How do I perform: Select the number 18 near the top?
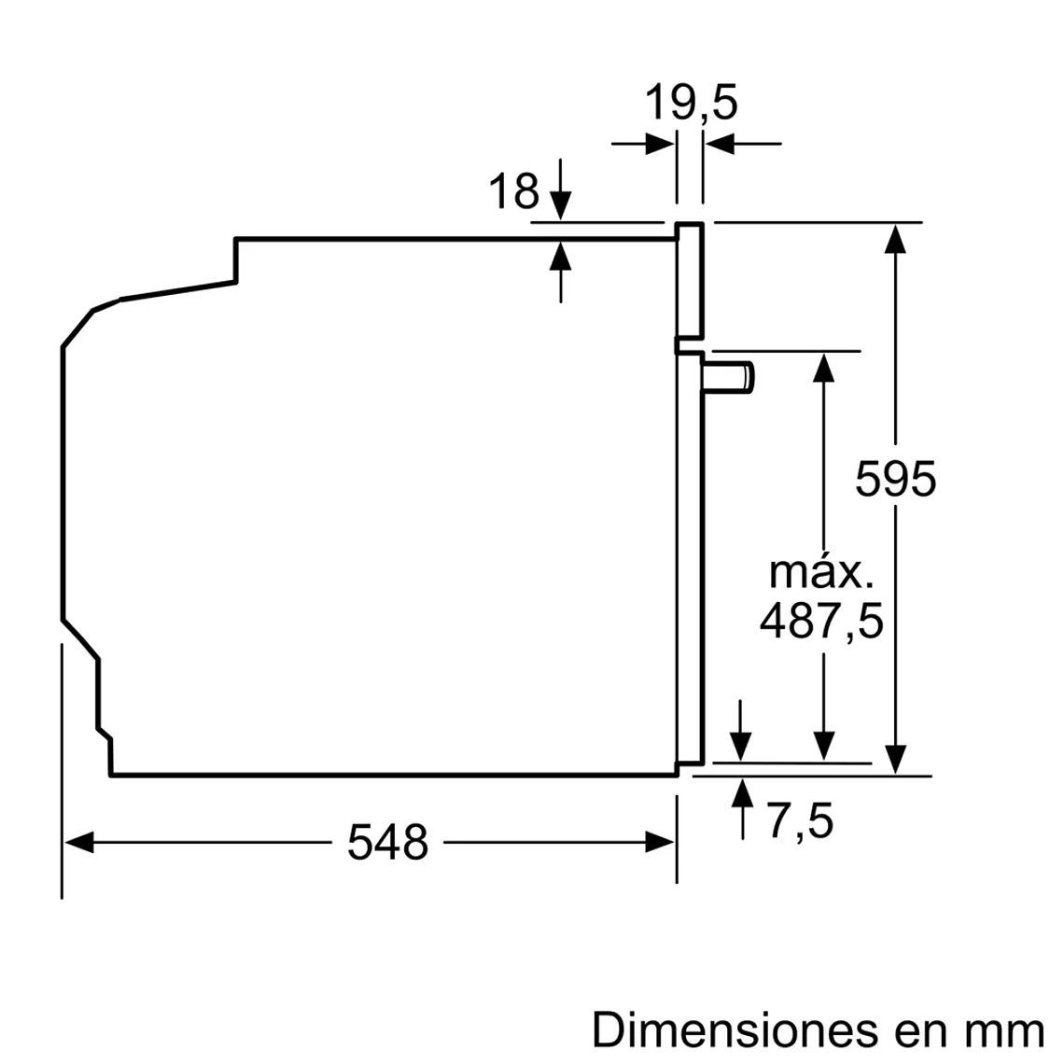click(x=514, y=192)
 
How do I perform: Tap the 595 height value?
click(x=895, y=480)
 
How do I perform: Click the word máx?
click(x=820, y=572)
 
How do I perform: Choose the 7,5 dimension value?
click(x=800, y=822)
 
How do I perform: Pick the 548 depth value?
click(x=387, y=843)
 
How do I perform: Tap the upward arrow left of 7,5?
click(x=742, y=795)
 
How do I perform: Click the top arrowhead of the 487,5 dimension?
click(x=822, y=367)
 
